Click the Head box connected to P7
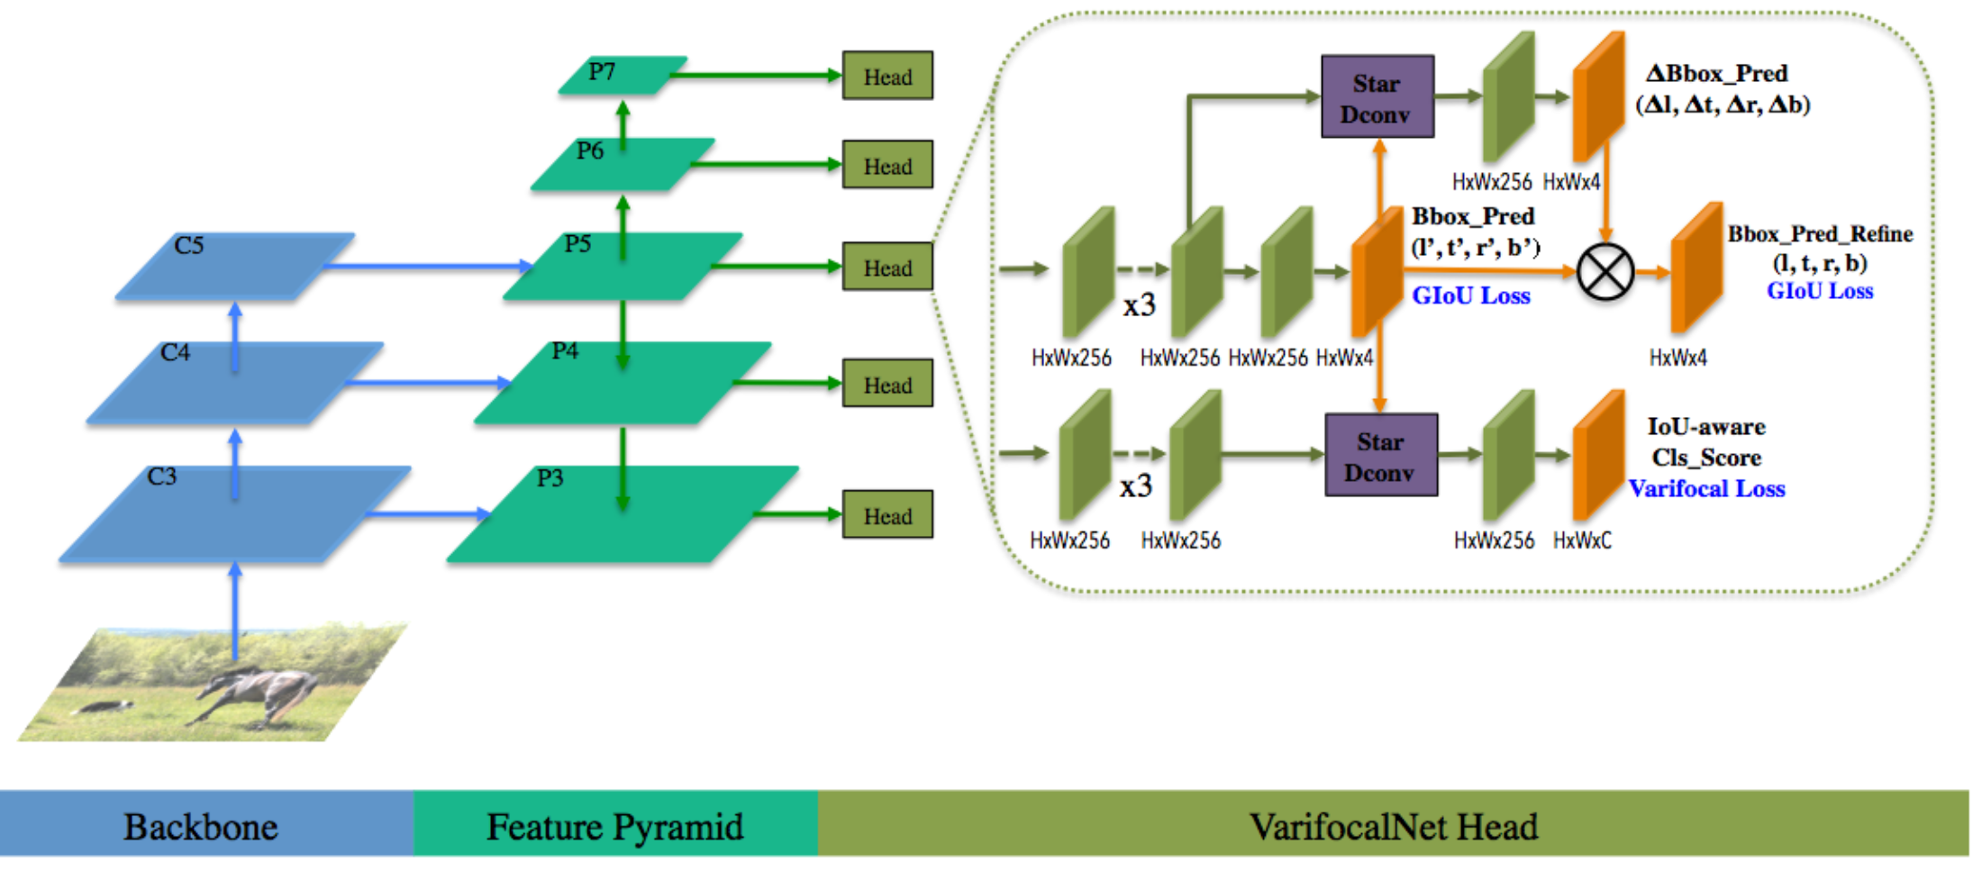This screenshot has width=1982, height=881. pos(887,76)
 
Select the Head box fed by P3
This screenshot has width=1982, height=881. pos(887,514)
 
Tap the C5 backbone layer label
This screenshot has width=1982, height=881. pos(189,245)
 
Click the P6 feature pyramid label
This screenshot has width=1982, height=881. pos(590,150)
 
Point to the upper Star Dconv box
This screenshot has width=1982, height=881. pos(1377,97)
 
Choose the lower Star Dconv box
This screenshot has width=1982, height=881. pos(1380,456)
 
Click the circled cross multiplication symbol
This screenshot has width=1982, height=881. pos(1605,271)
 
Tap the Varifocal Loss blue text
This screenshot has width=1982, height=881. pos(1706,488)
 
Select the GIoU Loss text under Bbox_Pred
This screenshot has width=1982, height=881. pos(1470,295)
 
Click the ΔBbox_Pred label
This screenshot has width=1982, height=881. pos(1716,73)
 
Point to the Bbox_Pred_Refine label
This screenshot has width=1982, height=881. pos(1820,233)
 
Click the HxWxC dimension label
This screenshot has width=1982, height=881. pos(1582,540)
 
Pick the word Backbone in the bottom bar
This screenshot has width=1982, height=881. pos(201,827)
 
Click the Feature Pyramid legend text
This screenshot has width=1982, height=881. pos(615,827)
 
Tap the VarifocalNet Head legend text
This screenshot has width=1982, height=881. pos(1393,827)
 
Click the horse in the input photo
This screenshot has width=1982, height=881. pos(261,694)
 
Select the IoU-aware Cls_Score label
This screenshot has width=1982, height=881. pos(1706,441)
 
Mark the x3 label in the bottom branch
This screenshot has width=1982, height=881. pos(1136,486)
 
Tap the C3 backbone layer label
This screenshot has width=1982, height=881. pos(162,476)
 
